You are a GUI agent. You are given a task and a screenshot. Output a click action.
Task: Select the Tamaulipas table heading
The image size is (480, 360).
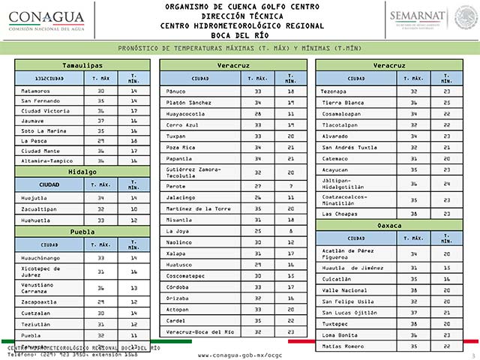pyautogui.click(x=82, y=66)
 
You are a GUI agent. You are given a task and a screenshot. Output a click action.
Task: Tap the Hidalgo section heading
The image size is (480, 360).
pyautogui.click(x=82, y=171)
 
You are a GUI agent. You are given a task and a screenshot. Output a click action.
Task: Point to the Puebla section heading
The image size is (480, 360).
pyautogui.click(x=82, y=232)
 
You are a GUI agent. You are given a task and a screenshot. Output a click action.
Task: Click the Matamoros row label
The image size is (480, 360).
pyautogui.click(x=37, y=90)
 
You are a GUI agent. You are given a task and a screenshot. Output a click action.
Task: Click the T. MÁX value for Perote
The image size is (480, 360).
pyautogui.click(x=257, y=185)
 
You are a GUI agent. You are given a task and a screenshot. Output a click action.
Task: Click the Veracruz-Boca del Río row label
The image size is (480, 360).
pyautogui.click(x=199, y=331)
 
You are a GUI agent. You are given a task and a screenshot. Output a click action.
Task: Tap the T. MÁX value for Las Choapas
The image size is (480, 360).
pyautogui.click(x=414, y=214)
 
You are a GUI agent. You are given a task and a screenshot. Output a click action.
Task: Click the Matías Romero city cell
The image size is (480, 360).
pyautogui.click(x=343, y=346)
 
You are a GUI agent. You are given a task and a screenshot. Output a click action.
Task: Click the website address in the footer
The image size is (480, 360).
pyautogui.click(x=240, y=354)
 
